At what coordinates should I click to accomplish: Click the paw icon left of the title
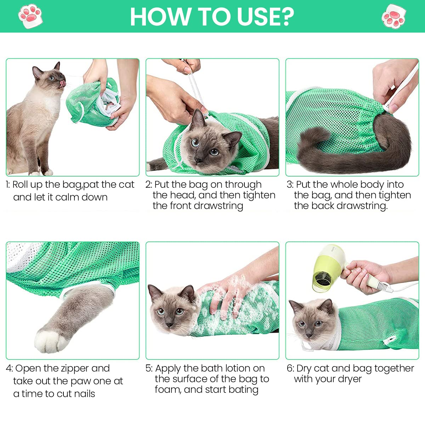(x=30, y=16)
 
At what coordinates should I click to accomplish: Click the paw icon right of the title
(x=393, y=16)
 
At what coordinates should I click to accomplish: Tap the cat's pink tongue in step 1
(x=63, y=83)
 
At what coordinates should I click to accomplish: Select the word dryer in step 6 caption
(x=350, y=379)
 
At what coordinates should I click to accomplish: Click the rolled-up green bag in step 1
(x=94, y=104)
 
